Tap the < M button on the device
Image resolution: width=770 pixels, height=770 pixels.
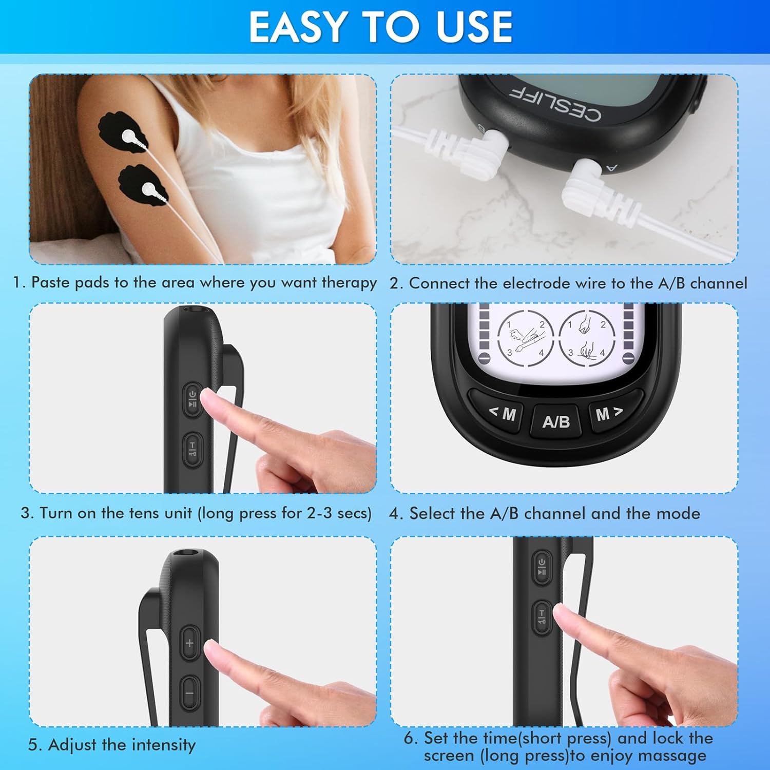(x=502, y=412)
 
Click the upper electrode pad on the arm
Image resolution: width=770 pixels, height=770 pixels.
(x=124, y=135)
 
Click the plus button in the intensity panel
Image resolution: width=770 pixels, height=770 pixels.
(x=189, y=643)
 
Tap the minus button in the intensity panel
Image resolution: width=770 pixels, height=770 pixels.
(x=189, y=694)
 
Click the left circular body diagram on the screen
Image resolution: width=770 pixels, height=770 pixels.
(x=526, y=338)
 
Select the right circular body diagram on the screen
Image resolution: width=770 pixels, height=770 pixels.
(x=587, y=338)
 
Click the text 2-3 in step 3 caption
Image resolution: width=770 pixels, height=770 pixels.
(x=319, y=513)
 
